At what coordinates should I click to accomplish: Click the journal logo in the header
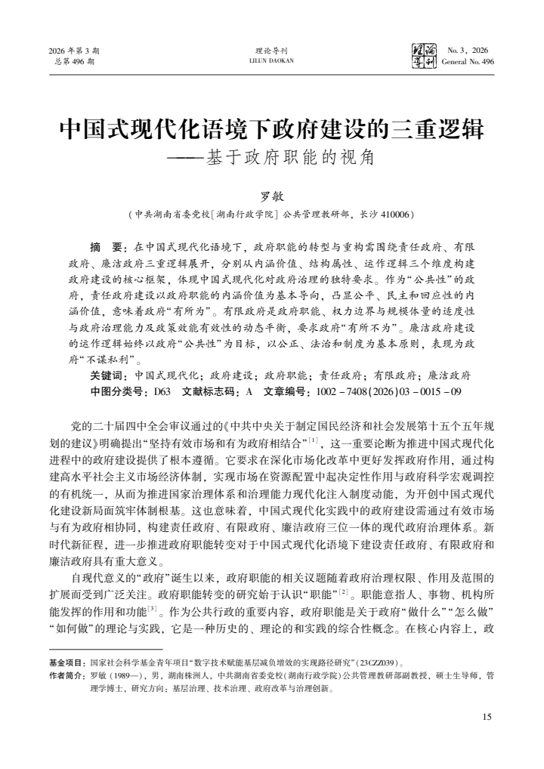[420, 55]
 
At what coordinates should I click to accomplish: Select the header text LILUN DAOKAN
[271, 61]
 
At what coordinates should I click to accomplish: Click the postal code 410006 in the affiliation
[395, 215]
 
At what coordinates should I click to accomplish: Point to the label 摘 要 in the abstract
[107, 247]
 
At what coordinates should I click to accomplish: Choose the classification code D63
[162, 391]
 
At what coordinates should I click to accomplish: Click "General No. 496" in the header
[468, 61]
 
